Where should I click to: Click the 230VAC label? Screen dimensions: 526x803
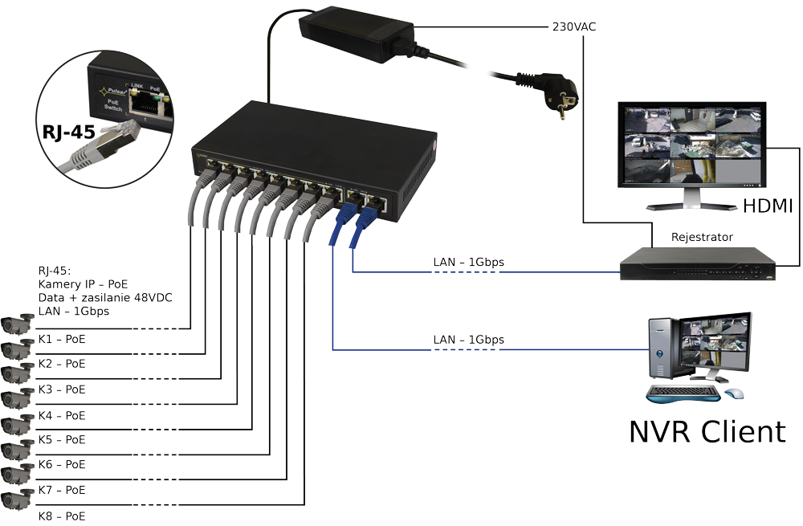[x=573, y=27]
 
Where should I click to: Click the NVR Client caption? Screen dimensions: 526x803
[x=706, y=431]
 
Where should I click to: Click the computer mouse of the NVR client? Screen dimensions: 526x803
[x=734, y=393]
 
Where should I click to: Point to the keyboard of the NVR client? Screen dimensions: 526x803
[x=682, y=394]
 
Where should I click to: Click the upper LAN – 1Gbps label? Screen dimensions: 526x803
[x=468, y=262]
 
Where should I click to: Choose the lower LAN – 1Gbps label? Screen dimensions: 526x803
[x=468, y=340]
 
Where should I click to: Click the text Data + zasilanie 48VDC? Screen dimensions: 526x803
[x=104, y=297]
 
